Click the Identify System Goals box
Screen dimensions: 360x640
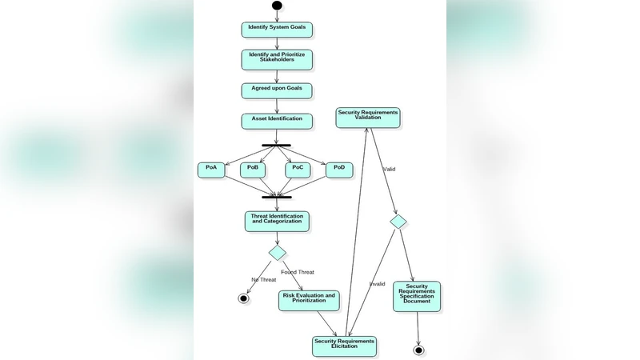277,30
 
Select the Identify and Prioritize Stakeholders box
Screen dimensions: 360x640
277,59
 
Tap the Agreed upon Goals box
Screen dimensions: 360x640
277,90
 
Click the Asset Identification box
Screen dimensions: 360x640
277,121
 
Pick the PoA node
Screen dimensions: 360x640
211,170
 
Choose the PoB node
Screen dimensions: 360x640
253,170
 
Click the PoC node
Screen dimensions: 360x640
298,170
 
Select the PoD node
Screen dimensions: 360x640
339,170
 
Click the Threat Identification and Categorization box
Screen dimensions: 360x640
277,221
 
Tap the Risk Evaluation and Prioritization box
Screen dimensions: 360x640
309,300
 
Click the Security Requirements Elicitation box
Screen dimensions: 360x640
344,346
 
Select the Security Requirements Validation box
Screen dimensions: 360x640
367,118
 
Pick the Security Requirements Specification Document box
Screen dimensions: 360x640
417,296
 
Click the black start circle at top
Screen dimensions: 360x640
277,6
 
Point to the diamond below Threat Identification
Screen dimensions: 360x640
277,253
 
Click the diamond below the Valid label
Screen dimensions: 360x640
398,221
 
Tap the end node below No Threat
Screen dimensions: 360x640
244,298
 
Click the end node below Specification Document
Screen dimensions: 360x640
418,350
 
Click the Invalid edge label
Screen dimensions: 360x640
377,284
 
